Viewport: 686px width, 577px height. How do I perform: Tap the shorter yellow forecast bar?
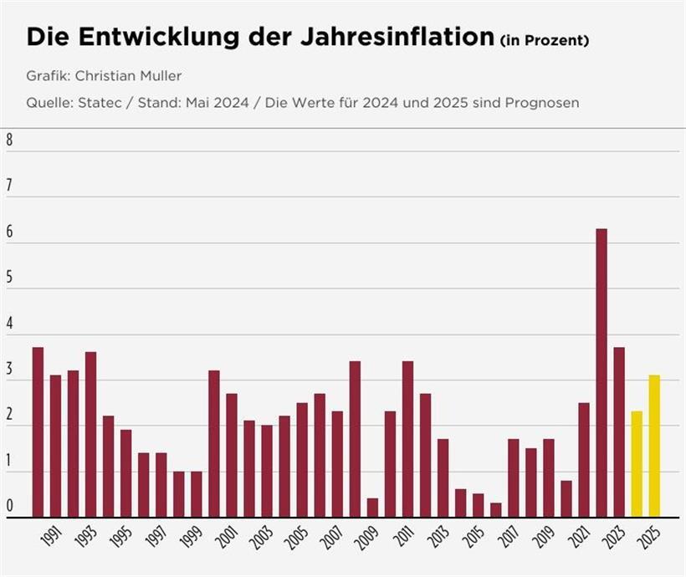[x=637, y=464]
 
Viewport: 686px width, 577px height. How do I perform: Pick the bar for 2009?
[x=372, y=508]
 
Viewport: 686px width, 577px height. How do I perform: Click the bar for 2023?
[x=618, y=431]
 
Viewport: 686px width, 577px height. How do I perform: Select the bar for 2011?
[x=407, y=439]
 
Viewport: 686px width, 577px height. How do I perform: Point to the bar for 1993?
[x=90, y=435]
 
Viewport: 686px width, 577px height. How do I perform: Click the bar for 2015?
[x=478, y=505]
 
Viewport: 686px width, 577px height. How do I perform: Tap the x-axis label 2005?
[x=295, y=539]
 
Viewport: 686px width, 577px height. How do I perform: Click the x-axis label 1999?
[x=190, y=539]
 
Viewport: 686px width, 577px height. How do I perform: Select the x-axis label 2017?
[x=507, y=539]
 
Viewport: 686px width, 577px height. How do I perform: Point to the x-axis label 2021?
[x=577, y=539]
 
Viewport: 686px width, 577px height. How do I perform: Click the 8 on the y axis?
[x=9, y=140]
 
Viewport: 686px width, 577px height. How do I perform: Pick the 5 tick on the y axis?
[x=9, y=278]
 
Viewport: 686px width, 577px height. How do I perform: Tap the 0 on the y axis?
[x=9, y=506]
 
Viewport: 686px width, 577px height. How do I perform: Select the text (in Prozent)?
[x=544, y=40]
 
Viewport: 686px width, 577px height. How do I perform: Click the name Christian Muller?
[x=128, y=76]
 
